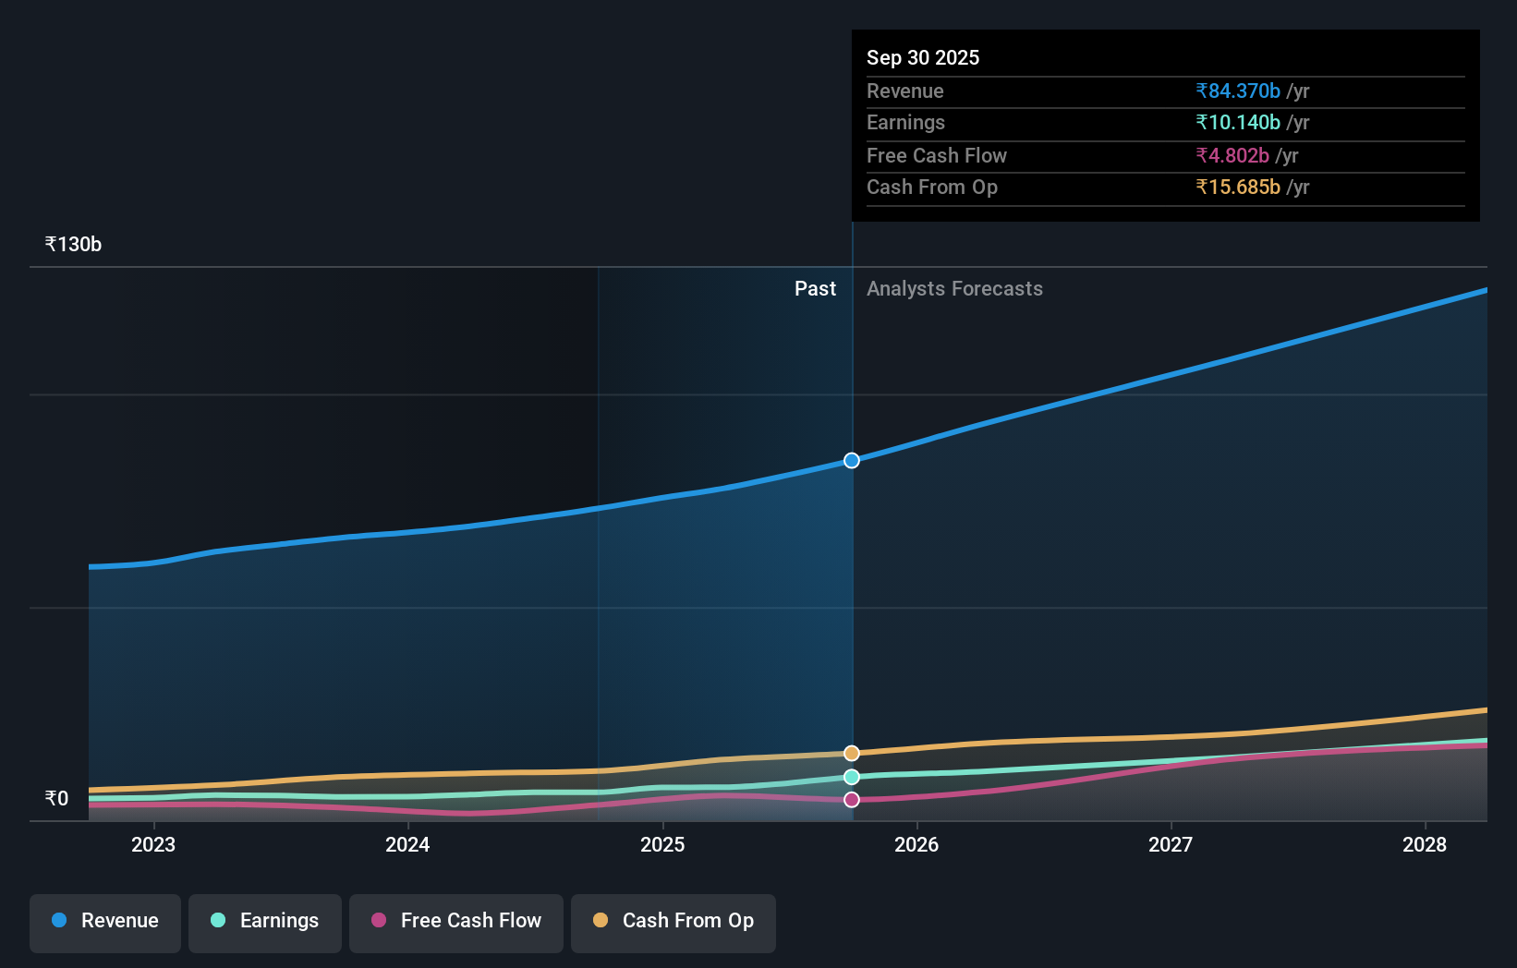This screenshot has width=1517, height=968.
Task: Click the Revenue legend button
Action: tap(105, 922)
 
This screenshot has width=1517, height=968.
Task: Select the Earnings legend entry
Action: tap(265, 922)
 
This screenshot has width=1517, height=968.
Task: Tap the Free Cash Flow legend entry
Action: tap(456, 922)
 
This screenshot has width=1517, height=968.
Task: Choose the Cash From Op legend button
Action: tap(674, 922)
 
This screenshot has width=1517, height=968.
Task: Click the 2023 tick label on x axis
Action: tap(153, 845)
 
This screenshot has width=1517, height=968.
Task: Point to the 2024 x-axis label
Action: tap(407, 845)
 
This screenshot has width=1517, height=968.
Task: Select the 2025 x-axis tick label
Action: tap(662, 845)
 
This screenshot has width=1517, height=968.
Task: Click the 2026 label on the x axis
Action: tap(916, 845)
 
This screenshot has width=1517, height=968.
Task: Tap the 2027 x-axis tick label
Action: tap(1171, 845)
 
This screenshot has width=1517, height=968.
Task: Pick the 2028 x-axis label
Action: tap(1425, 845)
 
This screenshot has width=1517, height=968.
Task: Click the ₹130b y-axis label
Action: tap(73, 245)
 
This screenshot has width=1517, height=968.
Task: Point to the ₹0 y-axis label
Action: tap(56, 799)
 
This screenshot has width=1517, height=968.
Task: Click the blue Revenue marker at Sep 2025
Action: tap(852, 461)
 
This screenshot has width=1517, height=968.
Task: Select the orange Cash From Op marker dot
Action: tap(852, 754)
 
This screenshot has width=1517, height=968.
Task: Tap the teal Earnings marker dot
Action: tap(852, 777)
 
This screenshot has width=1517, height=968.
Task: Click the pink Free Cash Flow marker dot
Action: tap(852, 800)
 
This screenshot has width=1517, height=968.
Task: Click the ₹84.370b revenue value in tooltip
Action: tap(1238, 91)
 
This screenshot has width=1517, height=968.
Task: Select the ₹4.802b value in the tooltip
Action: tap(1232, 156)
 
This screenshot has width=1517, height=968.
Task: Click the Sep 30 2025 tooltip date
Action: tap(923, 58)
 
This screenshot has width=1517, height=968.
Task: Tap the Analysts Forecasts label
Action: tap(954, 289)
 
